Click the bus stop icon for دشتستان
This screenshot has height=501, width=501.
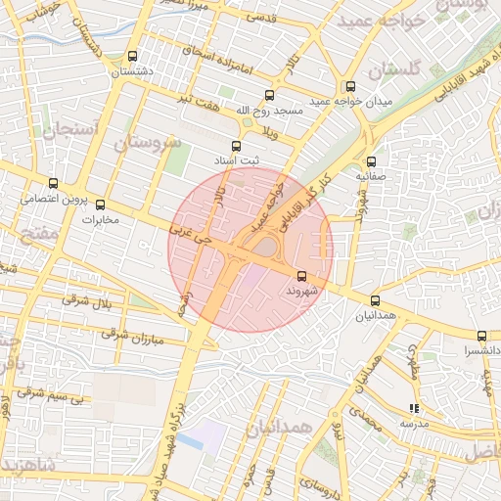click(133, 56)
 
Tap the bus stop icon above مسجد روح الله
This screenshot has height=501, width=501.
click(270, 95)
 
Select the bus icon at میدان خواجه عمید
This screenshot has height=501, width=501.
click(350, 87)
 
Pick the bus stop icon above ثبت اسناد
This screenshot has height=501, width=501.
click(235, 145)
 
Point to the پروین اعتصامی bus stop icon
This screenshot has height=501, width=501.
click(53, 183)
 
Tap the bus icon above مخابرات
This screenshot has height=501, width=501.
click(99, 205)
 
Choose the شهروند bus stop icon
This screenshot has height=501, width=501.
click(300, 276)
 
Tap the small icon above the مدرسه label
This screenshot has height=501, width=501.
click(414, 408)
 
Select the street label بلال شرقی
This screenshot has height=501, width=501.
click(89, 298)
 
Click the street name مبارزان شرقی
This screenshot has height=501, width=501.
click(128, 335)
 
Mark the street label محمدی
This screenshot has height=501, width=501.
click(359, 421)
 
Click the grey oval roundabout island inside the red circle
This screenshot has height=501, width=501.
click(264, 249)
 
